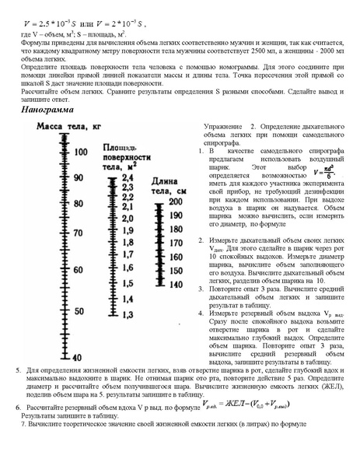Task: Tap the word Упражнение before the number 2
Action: tap(225, 126)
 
